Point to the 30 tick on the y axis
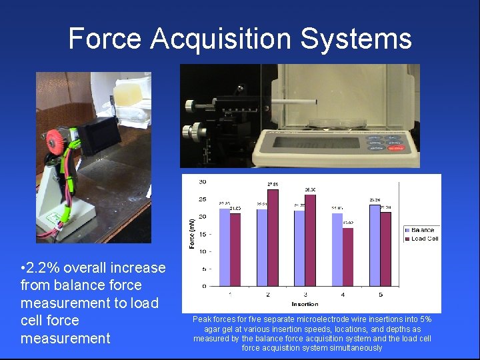pos(202,182)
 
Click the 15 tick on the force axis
pos(202,234)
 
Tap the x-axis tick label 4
pos(342,294)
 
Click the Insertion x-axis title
pos(305,303)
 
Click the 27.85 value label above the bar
pos(273,184)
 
